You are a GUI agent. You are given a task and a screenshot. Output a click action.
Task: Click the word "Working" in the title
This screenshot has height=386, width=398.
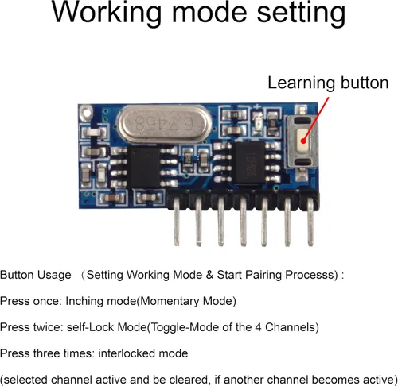click(106, 13)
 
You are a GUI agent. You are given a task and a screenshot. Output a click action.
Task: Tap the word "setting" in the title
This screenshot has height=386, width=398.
click(301, 13)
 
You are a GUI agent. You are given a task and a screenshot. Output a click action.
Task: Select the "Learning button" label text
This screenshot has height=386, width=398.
click(328, 83)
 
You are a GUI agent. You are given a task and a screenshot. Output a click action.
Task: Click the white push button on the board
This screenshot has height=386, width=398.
click(303, 141)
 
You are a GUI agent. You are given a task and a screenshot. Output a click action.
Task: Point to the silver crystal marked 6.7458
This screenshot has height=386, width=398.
click(165, 123)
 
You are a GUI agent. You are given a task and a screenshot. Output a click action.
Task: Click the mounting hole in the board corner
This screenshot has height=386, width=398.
click(86, 112)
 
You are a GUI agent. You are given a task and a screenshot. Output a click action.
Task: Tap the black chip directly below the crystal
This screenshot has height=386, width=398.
click(144, 166)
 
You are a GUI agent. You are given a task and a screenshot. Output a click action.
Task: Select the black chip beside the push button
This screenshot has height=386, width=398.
click(248, 163)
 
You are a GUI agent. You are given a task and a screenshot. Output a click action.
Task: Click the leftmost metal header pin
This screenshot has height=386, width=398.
click(177, 222)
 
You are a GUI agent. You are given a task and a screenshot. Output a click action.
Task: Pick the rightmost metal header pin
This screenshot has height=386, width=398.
click(310, 222)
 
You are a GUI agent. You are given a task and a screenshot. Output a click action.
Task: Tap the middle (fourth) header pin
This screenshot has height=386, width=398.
click(244, 222)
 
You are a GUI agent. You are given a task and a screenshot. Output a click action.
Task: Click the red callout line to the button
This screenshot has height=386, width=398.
click(316, 119)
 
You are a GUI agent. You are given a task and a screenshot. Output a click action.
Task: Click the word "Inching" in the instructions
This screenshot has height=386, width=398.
click(84, 302)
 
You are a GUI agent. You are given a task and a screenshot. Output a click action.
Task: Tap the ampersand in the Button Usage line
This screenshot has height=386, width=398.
click(209, 275)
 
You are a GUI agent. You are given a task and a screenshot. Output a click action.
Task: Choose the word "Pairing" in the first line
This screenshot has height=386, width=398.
click(263, 276)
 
